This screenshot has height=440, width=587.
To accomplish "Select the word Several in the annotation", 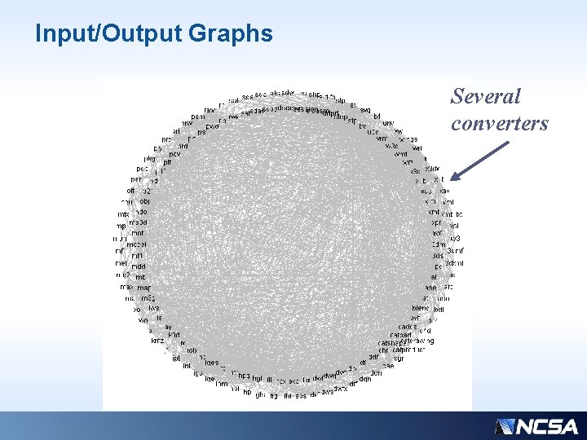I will [x=486, y=96].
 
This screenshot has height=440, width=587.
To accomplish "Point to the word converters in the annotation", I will [x=499, y=123].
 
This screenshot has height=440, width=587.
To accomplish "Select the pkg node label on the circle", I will [x=149, y=158].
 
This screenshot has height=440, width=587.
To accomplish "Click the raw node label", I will [x=210, y=108].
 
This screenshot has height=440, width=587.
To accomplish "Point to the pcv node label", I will [x=174, y=153].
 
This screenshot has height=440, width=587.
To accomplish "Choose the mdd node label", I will [x=139, y=266].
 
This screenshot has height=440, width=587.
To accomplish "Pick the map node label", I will [x=143, y=288].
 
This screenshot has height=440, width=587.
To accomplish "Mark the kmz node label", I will [x=157, y=341].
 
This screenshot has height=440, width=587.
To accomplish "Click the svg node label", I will [x=365, y=109].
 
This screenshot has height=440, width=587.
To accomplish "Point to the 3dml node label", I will [x=453, y=263].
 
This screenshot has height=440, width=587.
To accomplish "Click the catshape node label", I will [x=394, y=342].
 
